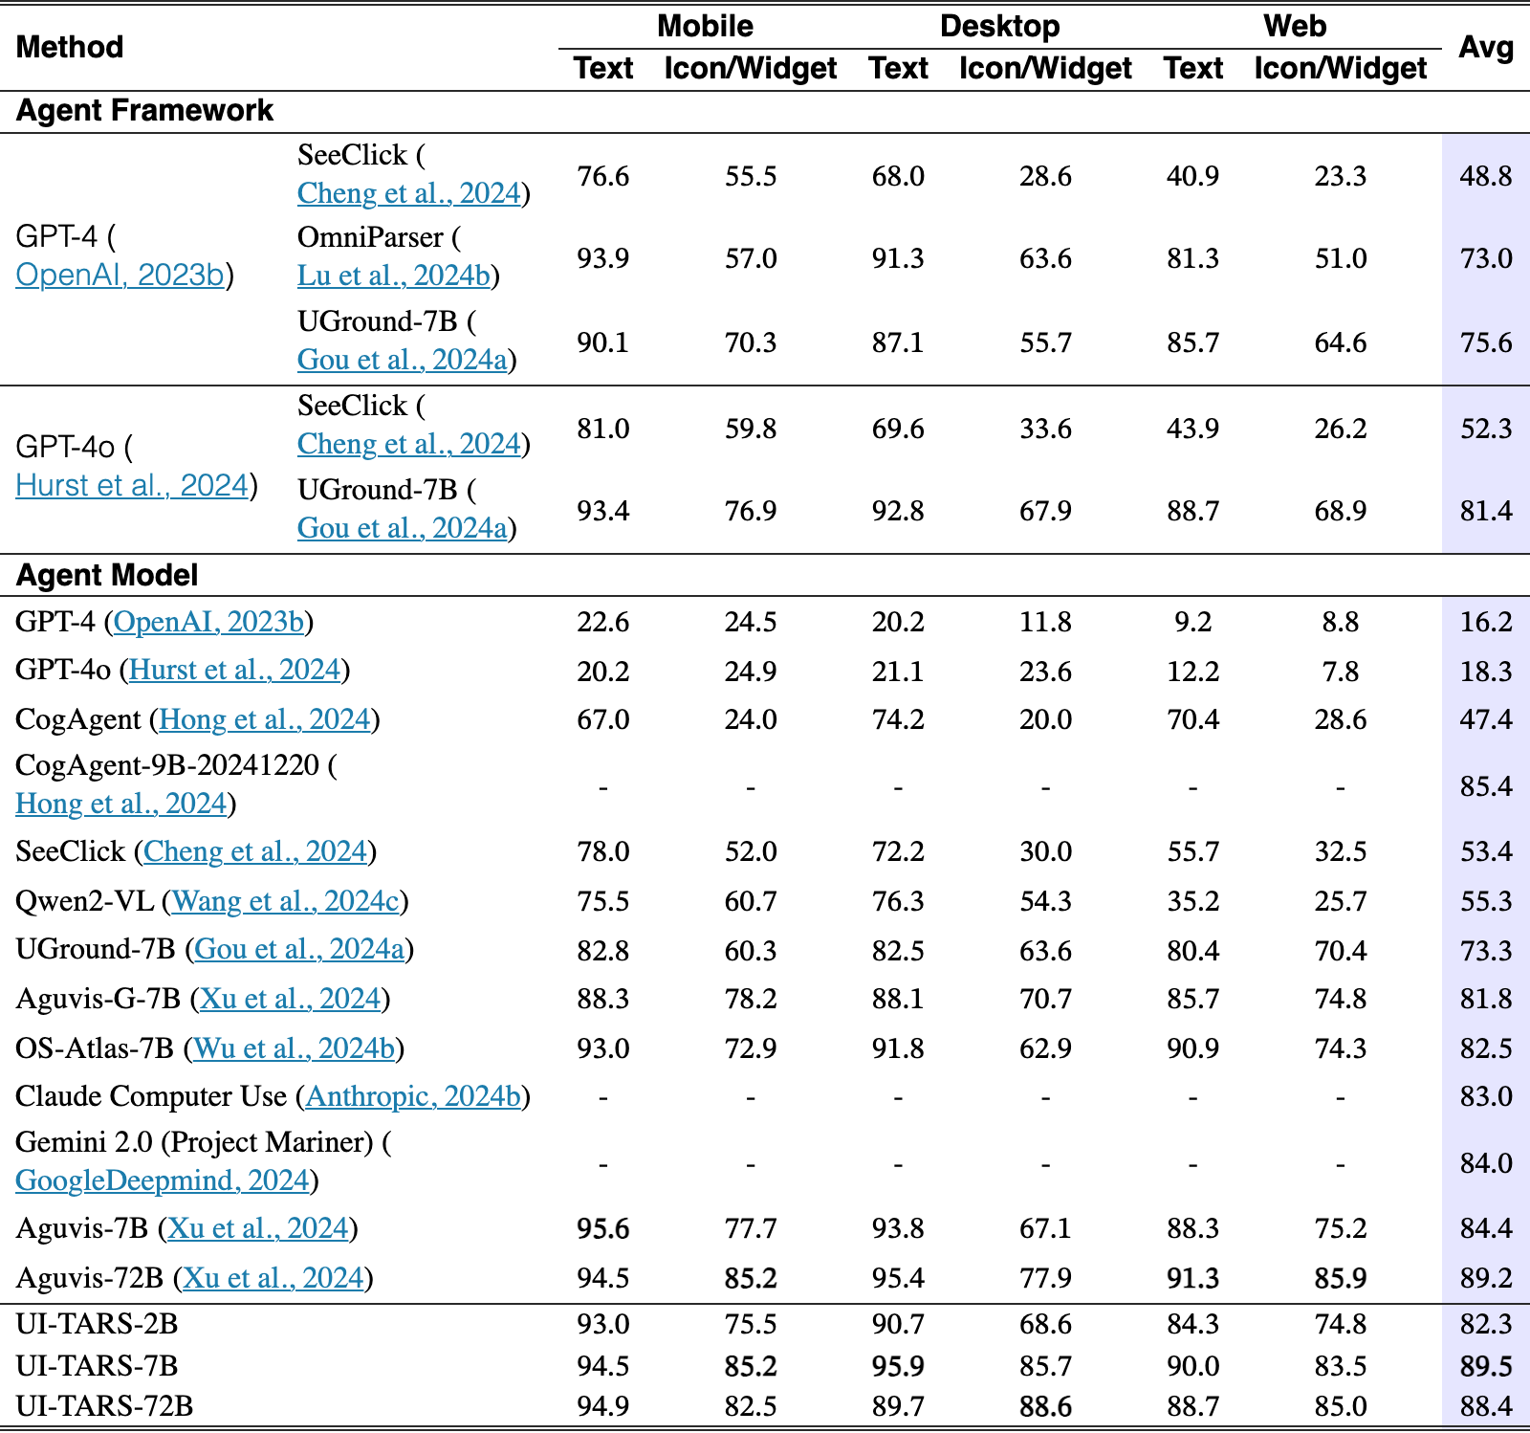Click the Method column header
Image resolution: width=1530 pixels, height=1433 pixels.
pyautogui.click(x=70, y=47)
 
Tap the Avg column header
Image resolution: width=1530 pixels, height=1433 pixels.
pyautogui.click(x=1486, y=47)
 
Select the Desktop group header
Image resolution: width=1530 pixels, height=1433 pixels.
pyautogui.click(x=999, y=26)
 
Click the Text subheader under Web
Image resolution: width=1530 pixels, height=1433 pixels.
pyautogui.click(x=1192, y=69)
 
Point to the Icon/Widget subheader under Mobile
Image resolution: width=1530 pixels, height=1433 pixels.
pyautogui.click(x=751, y=69)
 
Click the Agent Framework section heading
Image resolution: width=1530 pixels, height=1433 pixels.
pyautogui.click(x=144, y=111)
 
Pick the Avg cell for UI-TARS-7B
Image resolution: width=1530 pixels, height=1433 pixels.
pyautogui.click(x=1486, y=1366)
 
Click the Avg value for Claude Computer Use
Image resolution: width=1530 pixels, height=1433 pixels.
pyautogui.click(x=1486, y=1096)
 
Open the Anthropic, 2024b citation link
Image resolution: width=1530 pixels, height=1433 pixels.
pyautogui.click(x=413, y=1096)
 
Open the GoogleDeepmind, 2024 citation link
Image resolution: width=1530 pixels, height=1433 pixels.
pyautogui.click(x=163, y=1180)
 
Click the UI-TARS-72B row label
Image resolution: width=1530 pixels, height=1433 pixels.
pyautogui.click(x=104, y=1406)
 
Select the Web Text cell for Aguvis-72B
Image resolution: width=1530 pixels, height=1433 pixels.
pyautogui.click(x=1192, y=1278)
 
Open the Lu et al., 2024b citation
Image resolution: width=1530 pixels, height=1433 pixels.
pyautogui.click(x=393, y=276)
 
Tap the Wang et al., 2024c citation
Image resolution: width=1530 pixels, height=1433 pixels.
pyautogui.click(x=285, y=901)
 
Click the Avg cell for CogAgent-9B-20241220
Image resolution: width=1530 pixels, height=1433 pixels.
pyautogui.click(x=1486, y=786)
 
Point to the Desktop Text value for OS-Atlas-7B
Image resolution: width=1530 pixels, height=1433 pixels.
pyautogui.click(x=898, y=1048)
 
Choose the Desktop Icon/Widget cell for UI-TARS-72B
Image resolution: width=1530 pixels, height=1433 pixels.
pyautogui.click(x=1045, y=1406)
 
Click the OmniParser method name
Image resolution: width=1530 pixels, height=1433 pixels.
pyautogui.click(x=370, y=237)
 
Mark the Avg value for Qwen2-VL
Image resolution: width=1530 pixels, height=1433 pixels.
pyautogui.click(x=1486, y=901)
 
